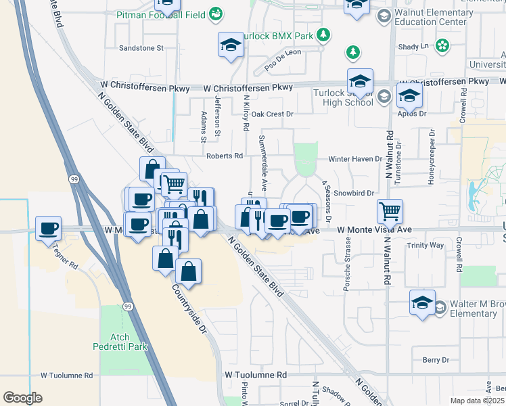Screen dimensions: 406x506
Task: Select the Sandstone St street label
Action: (141, 48)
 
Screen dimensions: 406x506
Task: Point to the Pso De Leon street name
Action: (283, 61)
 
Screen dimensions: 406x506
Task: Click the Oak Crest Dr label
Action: (272, 114)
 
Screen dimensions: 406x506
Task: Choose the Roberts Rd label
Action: (225, 156)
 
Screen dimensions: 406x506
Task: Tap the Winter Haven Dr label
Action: (355, 159)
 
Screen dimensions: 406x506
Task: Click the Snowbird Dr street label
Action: (354, 193)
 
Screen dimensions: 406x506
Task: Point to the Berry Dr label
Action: (435, 360)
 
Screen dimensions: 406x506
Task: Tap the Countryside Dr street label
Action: (189, 307)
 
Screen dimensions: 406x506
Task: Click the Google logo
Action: (22, 398)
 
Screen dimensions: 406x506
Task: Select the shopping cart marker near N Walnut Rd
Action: (390, 212)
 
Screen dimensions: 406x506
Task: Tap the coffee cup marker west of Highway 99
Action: (49, 229)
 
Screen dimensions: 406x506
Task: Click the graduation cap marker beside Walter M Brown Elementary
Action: (422, 303)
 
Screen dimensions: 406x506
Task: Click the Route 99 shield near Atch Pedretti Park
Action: (127, 307)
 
